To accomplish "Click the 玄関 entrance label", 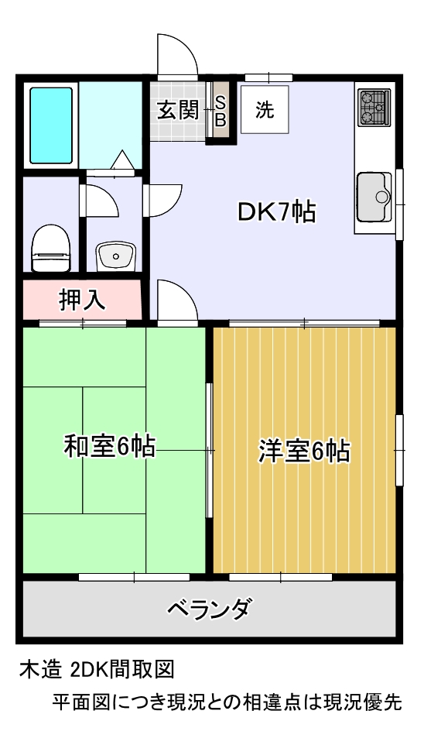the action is coord(178,111).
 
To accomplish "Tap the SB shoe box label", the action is coord(221,111).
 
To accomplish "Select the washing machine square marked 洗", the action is coord(265,110).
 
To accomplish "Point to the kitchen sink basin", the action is coord(374,197).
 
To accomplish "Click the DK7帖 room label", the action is coord(276,212).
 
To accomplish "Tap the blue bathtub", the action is coord(51,125).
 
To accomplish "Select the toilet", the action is coord(50,248).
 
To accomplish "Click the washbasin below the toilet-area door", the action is coord(116,256).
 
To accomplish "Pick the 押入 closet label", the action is coord(82,300).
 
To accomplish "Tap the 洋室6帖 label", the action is coord(304,451).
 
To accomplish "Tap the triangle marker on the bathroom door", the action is coord(122,160).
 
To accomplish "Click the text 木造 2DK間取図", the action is coord(97,669).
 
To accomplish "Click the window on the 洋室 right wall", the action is coord(400,449).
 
